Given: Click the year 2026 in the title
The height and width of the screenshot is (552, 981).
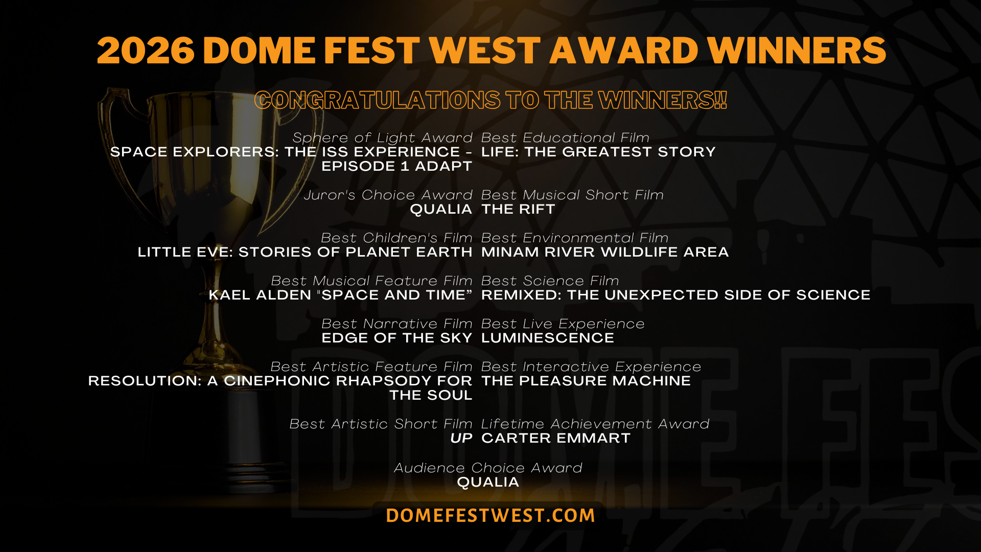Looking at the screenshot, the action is tap(146, 51).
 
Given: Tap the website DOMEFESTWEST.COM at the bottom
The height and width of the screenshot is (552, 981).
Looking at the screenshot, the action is tap(491, 515).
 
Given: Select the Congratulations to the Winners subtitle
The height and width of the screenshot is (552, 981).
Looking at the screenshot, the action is tap(491, 100).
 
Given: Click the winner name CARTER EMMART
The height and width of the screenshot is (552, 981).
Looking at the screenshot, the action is tap(556, 438).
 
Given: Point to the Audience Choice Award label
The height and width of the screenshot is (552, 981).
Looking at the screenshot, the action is tap(488, 468).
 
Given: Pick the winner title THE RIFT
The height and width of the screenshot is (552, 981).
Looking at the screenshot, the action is tap(518, 209).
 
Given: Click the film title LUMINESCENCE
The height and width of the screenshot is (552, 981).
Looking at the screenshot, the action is tap(548, 338).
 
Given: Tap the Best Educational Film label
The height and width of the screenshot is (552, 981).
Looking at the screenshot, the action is tap(565, 137).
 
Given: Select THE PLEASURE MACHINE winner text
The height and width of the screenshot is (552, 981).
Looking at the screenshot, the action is tap(586, 381).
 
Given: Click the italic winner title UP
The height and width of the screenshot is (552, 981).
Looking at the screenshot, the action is tap(461, 438).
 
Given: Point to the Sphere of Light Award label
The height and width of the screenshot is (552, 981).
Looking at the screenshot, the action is tap(382, 137).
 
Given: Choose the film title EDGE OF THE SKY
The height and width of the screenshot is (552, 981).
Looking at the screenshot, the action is tap(397, 338).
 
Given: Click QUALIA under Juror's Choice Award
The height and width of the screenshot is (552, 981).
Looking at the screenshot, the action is tap(441, 209).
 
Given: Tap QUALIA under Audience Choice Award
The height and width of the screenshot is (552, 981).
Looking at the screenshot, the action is tap(488, 482).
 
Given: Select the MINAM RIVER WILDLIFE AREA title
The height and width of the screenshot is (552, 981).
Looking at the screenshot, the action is tap(605, 252).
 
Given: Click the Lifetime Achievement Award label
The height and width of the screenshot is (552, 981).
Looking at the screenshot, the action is tap(595, 424).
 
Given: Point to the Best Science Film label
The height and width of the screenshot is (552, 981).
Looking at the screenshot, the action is tap(550, 281).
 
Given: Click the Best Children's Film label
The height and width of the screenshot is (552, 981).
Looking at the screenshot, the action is tap(396, 238).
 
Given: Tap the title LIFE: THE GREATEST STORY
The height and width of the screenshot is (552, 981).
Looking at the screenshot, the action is tap(598, 152).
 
